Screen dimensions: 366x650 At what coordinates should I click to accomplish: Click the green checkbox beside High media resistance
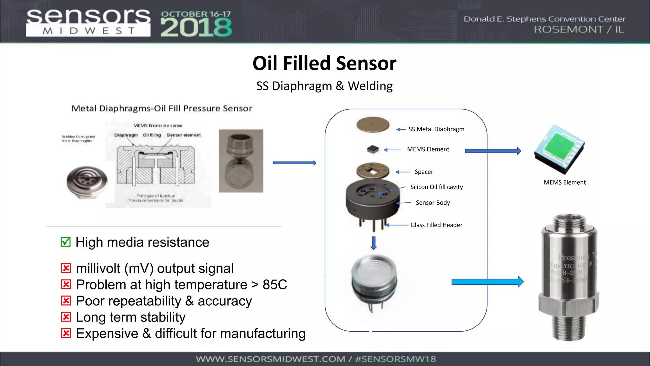point(66,242)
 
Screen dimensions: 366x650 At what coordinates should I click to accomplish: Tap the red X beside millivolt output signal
point(66,268)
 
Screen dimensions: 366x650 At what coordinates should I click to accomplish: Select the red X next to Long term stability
point(66,317)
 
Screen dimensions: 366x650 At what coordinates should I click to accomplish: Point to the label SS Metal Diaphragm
point(436,129)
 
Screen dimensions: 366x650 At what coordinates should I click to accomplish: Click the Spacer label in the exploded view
point(424,172)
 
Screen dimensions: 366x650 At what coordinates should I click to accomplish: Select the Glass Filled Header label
point(436,225)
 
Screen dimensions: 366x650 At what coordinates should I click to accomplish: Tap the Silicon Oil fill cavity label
point(436,187)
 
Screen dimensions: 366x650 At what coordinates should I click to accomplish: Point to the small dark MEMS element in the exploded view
point(373,149)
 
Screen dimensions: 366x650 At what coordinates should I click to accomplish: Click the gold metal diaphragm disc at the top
point(373,125)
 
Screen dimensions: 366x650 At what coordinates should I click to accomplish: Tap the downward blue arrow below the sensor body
point(374,243)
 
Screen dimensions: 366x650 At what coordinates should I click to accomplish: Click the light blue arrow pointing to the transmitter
point(487,282)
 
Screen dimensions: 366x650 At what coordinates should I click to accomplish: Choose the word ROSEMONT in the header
point(568,30)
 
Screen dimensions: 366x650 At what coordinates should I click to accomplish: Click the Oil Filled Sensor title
point(324,63)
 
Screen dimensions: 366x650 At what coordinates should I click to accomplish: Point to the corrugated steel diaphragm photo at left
point(87,182)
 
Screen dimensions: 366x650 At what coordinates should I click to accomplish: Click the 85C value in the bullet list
point(275,285)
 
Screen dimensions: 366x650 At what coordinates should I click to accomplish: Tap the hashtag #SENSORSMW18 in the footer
point(395,359)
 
